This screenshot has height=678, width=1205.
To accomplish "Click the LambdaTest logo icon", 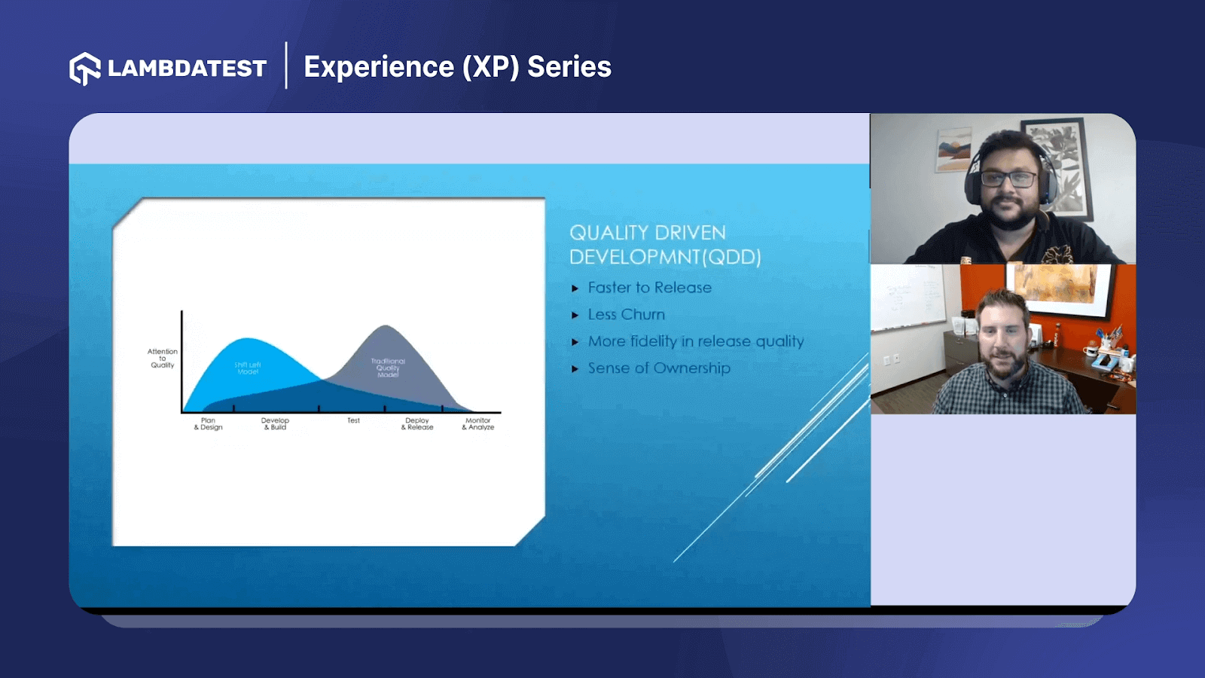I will pos(84,69).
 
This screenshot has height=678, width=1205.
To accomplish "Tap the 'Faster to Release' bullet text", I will pos(649,288).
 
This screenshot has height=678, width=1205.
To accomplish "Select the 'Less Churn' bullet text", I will pos(626,315).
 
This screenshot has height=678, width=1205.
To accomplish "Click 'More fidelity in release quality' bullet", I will pos(695,341).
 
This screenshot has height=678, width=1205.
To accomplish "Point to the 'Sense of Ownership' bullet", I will pos(658,368).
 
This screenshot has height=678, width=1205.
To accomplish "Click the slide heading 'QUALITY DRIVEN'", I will pos(647,233).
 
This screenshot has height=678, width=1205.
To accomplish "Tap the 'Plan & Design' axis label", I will pos(208,424).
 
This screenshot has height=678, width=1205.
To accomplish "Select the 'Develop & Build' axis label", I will pos(275,424).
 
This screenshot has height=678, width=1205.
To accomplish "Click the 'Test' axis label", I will pos(353,421).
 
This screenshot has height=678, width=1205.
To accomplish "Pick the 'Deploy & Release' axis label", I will pos(417,424).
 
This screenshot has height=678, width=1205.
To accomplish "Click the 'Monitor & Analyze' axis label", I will pos(478,424).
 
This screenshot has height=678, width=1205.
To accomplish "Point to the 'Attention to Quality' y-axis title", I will pos(163,359).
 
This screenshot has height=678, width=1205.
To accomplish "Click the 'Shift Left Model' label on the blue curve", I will pos(248,368).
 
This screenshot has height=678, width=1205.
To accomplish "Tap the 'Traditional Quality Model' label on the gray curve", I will pos(388,368).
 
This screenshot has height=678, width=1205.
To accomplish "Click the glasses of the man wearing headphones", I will pos(1009,179).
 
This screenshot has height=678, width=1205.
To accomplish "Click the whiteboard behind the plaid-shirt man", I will pos(908,298).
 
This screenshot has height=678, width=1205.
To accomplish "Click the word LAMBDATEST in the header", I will pos(187,69).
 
